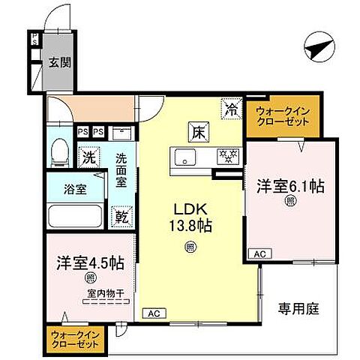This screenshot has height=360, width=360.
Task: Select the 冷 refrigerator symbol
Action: point(231,109)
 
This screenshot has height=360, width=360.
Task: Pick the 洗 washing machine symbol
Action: point(89,158)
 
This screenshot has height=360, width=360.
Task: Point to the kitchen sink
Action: point(186,157)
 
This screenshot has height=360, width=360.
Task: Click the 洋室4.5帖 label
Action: point(90,264)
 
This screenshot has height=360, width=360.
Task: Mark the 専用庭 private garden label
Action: point(300,308)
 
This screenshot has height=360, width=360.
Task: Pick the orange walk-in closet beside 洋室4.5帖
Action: point(76,340)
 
